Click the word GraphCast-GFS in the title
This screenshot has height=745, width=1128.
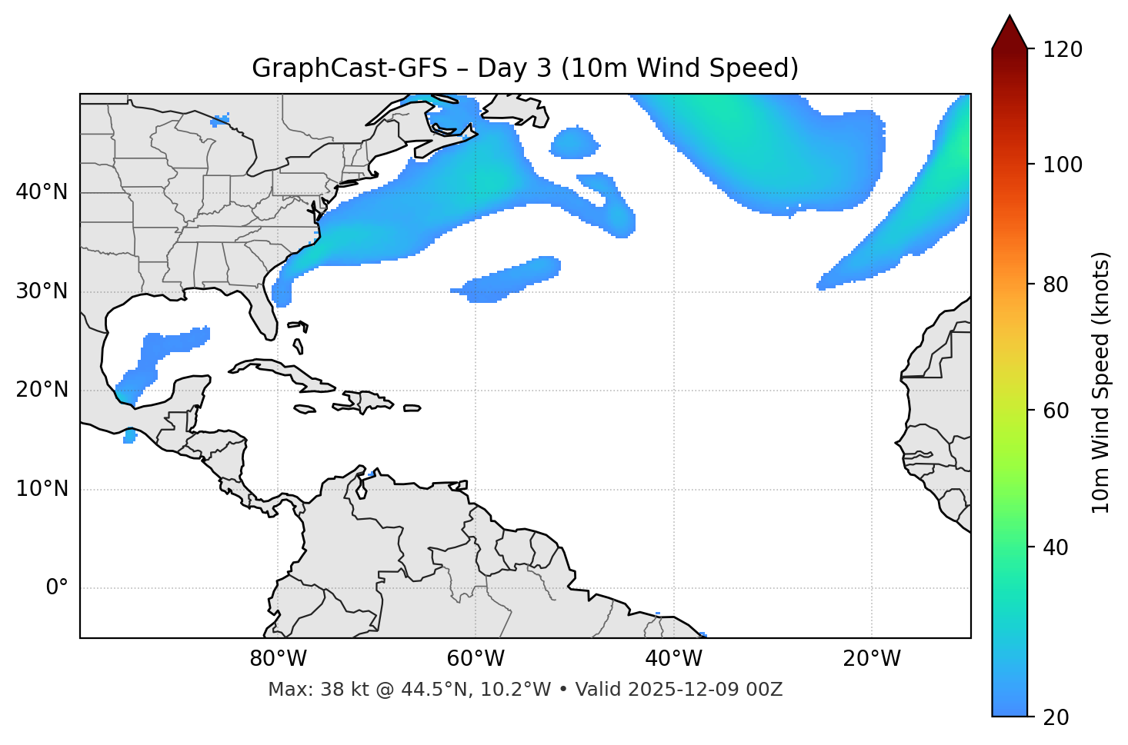click(349, 68)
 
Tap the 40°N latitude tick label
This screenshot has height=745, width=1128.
click(42, 191)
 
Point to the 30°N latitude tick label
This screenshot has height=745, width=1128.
click(42, 291)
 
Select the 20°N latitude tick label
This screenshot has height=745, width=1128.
click(42, 390)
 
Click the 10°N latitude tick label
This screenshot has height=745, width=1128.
click(42, 489)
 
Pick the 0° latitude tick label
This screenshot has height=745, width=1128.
click(57, 588)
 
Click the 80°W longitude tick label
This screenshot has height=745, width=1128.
click(278, 659)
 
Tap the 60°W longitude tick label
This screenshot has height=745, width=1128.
click(476, 659)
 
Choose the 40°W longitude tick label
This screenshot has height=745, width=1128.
click(673, 659)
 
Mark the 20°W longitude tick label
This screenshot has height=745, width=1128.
click(871, 659)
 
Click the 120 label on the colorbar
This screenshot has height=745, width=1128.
click(1063, 49)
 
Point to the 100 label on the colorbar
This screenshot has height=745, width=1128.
click(1063, 165)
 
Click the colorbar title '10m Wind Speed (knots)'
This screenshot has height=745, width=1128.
click(1101, 383)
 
